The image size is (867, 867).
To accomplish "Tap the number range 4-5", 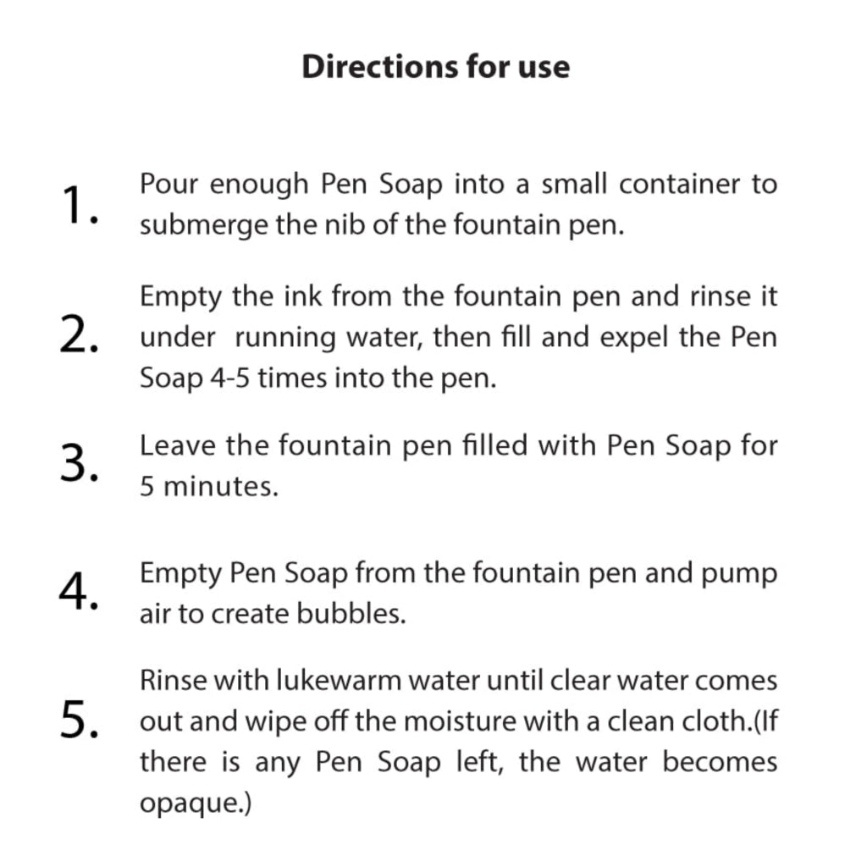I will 228,378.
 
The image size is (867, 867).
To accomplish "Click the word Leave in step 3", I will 178,445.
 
